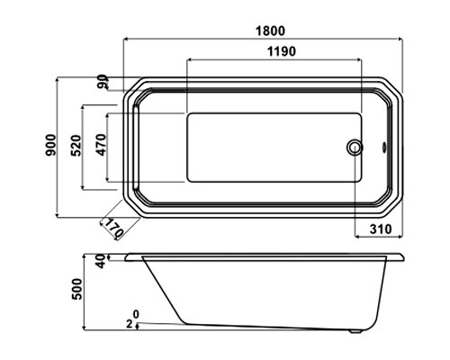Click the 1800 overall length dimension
270,31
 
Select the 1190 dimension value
282,51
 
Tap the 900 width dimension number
51,145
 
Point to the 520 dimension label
76,146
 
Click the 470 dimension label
101,145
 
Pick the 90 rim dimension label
103,82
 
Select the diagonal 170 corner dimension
113,228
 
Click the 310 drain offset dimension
381,229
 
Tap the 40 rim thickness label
102,261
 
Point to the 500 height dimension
76,289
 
